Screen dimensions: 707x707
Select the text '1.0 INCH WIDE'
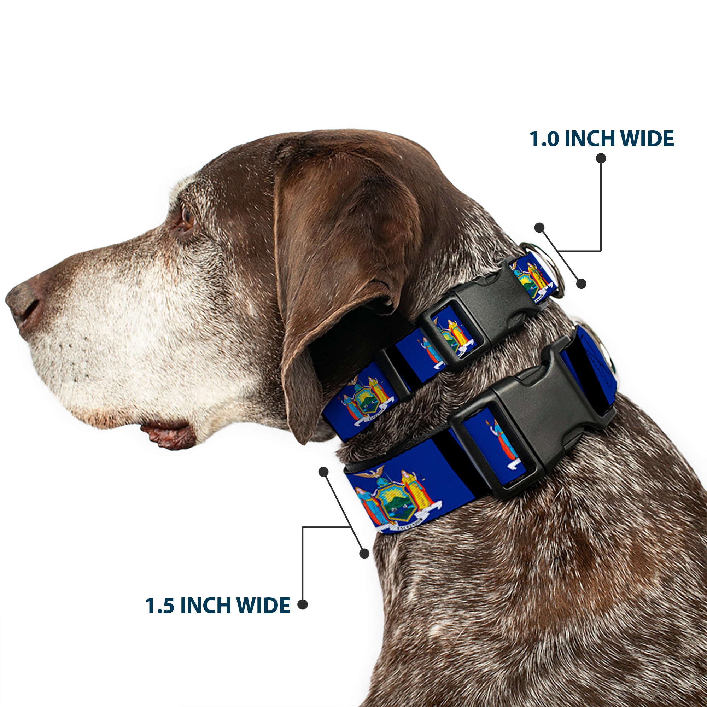[601, 139]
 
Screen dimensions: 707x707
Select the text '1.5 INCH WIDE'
[218, 605]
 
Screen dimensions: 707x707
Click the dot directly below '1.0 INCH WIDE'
[601, 158]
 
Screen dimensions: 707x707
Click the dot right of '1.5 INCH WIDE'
[302, 604]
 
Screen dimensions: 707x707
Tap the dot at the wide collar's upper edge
[323, 472]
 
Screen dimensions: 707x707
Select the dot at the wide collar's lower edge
[364, 553]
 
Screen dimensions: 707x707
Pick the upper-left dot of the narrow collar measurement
[539, 227]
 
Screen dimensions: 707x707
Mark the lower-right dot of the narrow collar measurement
[581, 283]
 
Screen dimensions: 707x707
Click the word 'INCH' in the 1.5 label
[207, 605]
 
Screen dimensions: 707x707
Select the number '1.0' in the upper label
[544, 139]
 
